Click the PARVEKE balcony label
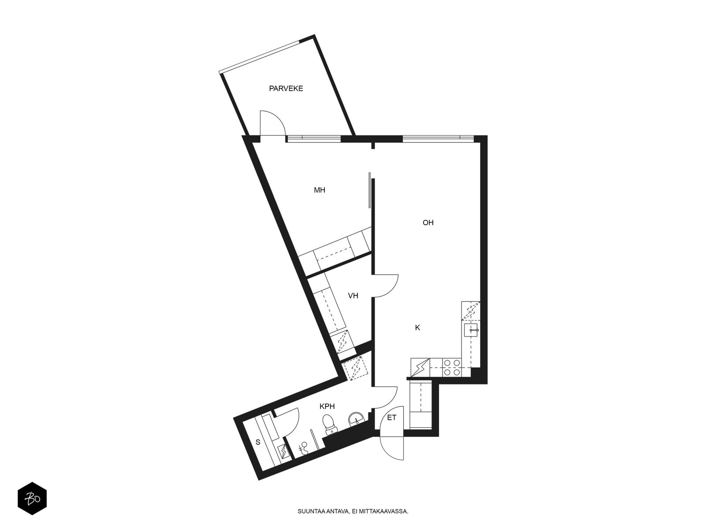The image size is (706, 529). coord(286,88)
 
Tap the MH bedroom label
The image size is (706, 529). coord(319,190)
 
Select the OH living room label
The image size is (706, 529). coord(428,223)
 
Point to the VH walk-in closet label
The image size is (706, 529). coord(353,295)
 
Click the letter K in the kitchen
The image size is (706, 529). coord(417,328)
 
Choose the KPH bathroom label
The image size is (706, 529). coord(327,406)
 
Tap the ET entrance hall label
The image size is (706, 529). coord(391,418)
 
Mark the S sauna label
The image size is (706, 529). coord(258,442)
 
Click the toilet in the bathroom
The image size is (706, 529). coord(329,425)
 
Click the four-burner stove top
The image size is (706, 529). coord(452,368)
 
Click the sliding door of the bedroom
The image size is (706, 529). coord(370,190)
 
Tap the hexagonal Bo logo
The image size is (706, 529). coord(32,498)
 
